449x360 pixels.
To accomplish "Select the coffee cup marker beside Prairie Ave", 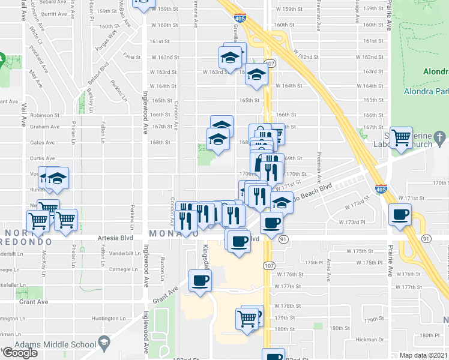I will point(400,214).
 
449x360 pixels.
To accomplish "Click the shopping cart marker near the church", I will point(400,137).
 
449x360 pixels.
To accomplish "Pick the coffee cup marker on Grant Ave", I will point(200,280).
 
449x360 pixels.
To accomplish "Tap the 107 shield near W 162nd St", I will point(269,63).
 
